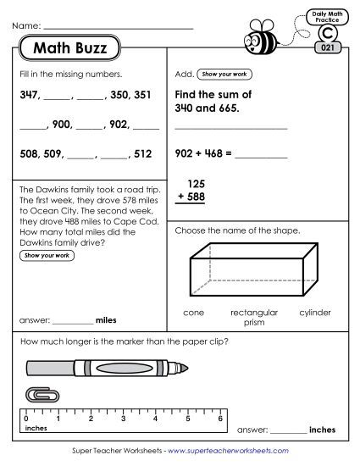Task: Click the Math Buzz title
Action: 71,48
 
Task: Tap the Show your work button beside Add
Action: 224,75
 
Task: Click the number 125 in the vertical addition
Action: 197,183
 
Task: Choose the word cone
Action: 194,313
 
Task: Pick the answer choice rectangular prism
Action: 254,317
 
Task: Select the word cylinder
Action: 315,313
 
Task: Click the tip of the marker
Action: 184,369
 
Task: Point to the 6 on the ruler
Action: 221,419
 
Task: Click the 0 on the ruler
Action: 26,419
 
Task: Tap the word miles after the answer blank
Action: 106,321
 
